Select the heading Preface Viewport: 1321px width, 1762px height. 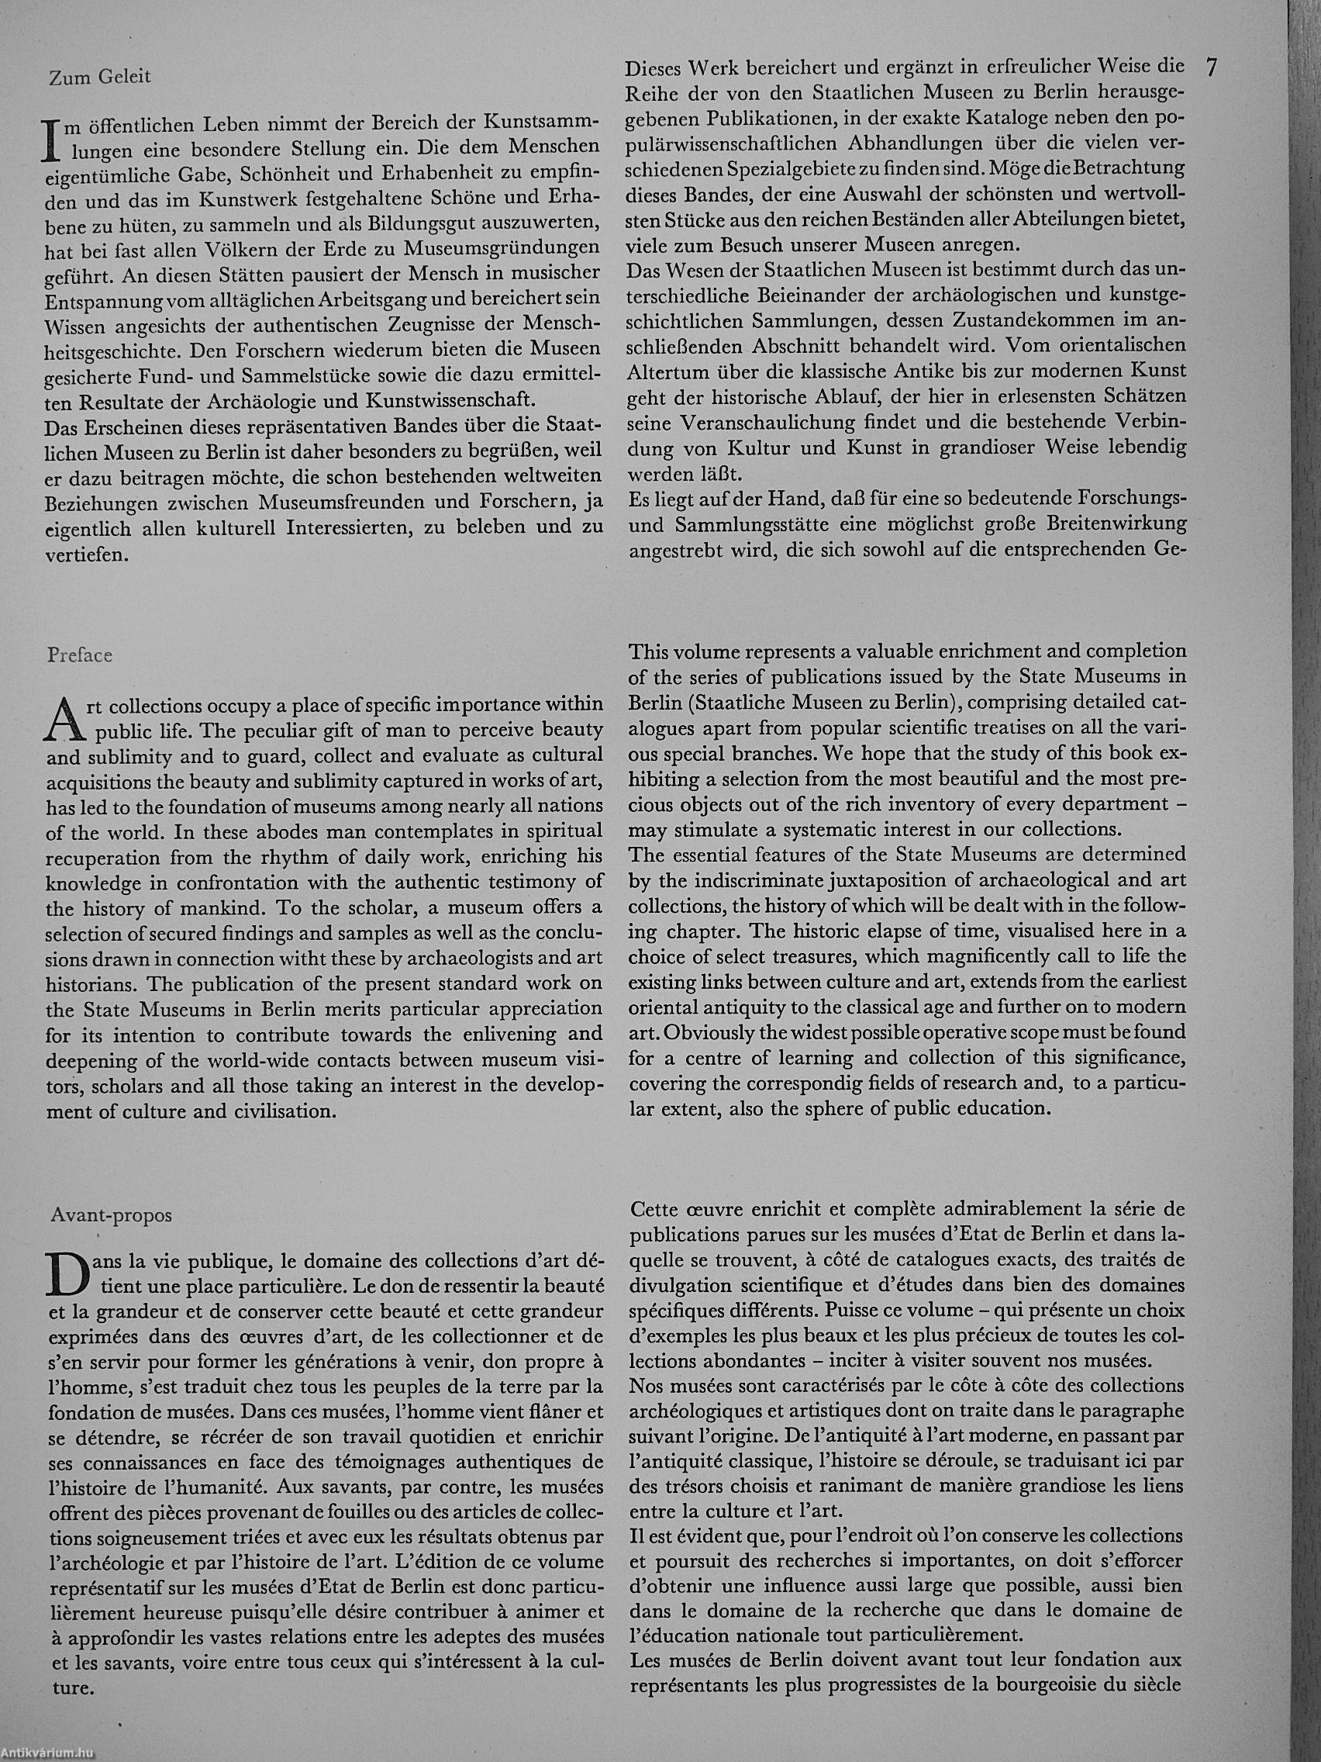[80, 655]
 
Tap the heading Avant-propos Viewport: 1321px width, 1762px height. [111, 1215]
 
